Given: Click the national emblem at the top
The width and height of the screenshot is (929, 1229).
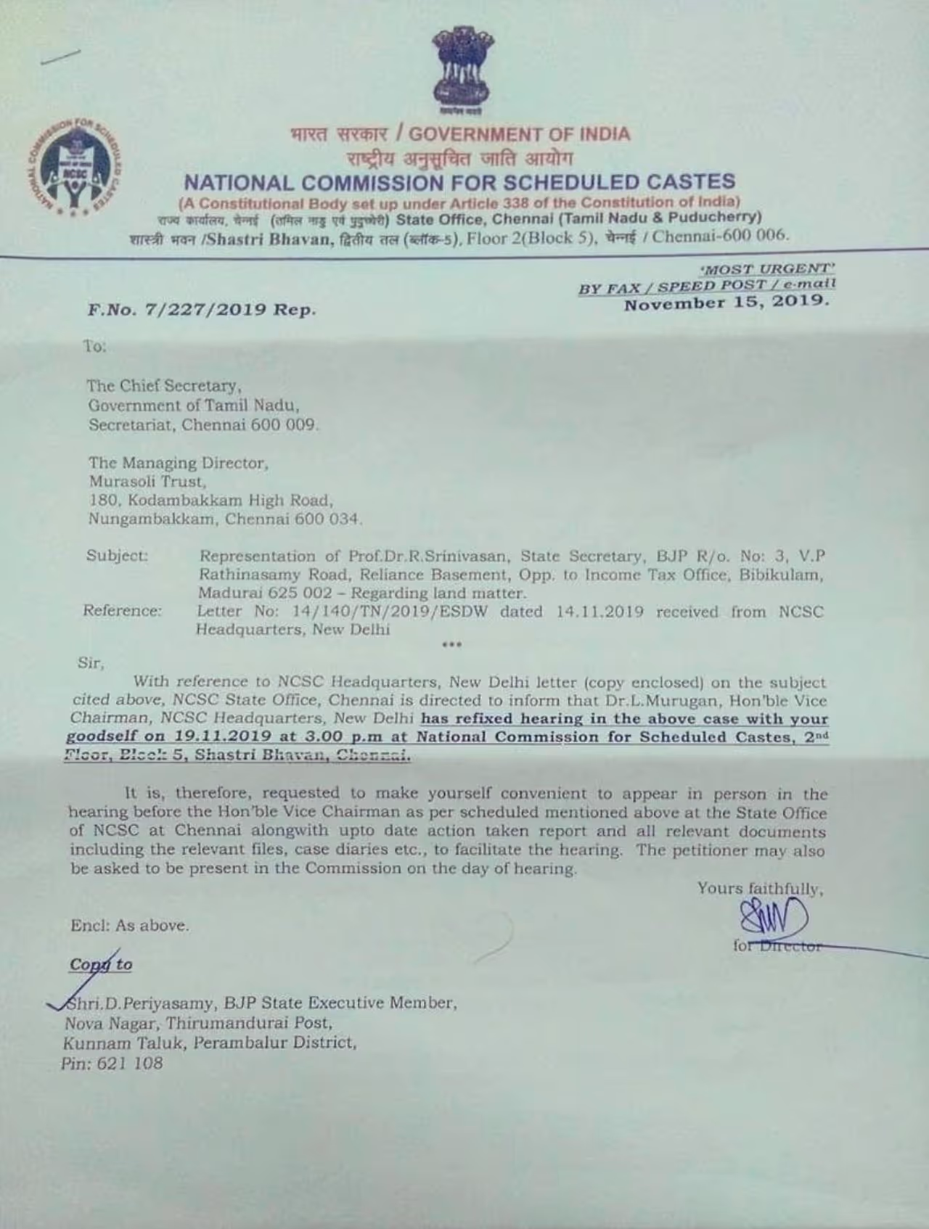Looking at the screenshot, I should (462, 71).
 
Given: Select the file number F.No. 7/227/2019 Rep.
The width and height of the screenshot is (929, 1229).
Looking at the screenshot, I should (202, 310).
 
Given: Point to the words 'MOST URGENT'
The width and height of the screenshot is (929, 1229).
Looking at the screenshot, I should (771, 268).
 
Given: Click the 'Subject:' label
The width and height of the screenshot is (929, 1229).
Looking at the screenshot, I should (117, 556).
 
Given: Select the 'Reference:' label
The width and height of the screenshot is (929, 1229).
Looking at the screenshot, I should (122, 610).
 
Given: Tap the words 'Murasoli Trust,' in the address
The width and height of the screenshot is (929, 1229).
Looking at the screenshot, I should (147, 481).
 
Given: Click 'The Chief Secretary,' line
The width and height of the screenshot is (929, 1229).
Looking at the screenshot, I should (164, 386).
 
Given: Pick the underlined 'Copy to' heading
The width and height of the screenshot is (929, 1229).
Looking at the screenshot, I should (101, 964).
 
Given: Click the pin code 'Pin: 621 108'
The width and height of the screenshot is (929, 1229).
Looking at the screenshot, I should (112, 1064).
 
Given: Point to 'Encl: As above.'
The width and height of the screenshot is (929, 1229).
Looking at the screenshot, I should (130, 926).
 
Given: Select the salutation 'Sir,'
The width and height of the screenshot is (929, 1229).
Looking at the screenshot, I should (91, 662).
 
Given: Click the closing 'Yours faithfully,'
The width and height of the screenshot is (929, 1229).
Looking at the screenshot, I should (760, 888).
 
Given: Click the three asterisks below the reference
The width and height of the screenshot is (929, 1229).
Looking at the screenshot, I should (451, 644).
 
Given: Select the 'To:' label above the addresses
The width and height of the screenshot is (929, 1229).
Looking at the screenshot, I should (94, 346).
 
